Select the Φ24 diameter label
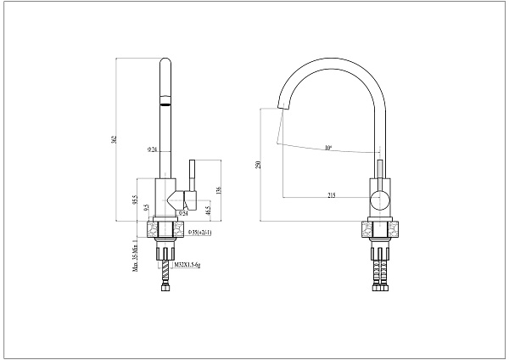click(152, 149)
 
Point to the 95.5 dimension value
click(135, 200)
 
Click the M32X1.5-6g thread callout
click(188, 265)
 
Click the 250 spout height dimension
click(260, 166)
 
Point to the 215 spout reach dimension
click(331, 196)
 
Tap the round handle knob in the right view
click(379, 201)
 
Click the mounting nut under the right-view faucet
click(380, 230)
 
